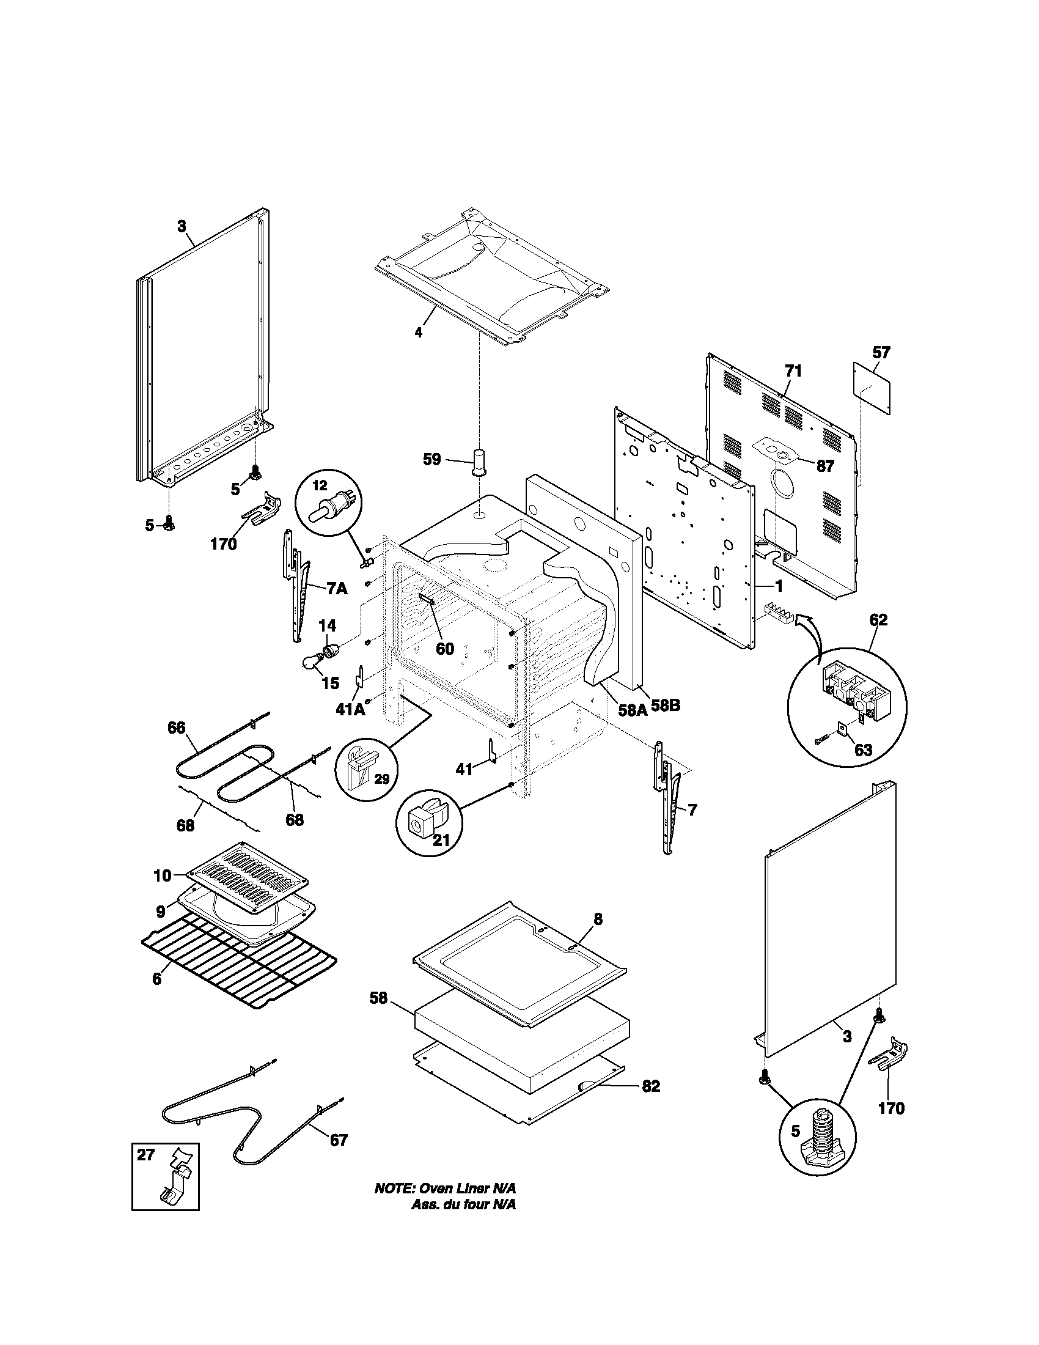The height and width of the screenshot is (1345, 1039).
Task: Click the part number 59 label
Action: [432, 459]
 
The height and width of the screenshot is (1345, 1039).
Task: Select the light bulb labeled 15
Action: [312, 662]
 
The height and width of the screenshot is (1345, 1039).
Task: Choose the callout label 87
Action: [825, 466]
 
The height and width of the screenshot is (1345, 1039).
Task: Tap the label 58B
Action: [666, 706]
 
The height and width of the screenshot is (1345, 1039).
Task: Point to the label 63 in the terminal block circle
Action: [863, 751]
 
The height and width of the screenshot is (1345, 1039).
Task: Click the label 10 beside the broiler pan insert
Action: [163, 875]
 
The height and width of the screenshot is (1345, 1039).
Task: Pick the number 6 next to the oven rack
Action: [157, 979]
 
